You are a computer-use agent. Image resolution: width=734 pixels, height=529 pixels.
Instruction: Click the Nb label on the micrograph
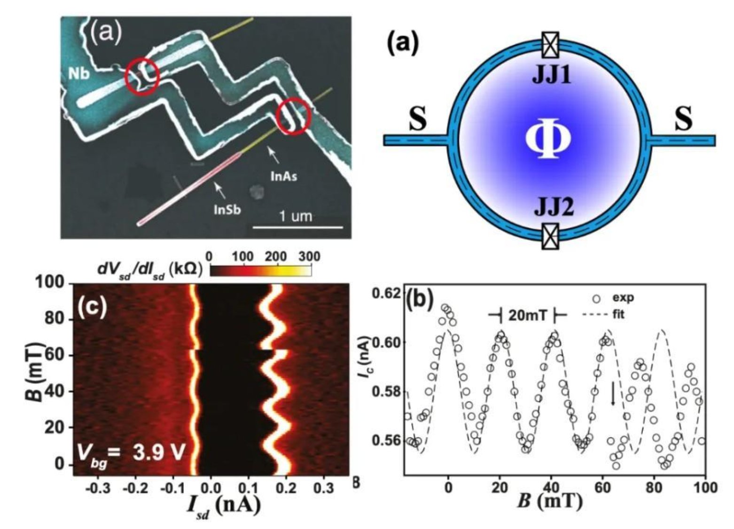(78, 74)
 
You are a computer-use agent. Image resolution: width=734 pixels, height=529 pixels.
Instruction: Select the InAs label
(283, 177)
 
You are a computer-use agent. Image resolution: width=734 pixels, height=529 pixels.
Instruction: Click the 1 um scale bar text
(296, 217)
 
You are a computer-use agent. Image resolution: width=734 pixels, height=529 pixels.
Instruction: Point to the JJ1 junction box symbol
(550, 44)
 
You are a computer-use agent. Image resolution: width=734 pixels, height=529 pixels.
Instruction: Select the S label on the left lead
(417, 120)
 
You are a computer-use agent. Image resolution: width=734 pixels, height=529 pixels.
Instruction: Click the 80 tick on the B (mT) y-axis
(54, 319)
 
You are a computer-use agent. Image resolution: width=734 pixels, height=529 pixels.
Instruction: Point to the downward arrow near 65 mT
(613, 393)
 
